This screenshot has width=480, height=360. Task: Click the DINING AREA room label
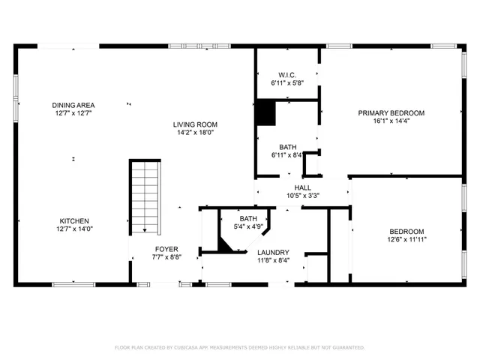coord(73,105)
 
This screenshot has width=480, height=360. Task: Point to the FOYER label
coord(166,249)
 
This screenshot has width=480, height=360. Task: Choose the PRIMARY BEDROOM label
coord(391,113)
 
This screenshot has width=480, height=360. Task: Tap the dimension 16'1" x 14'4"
coord(391,121)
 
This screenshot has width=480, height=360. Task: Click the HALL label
coord(302,187)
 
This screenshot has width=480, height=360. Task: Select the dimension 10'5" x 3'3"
coord(302,196)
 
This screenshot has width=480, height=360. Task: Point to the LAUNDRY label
coord(272,253)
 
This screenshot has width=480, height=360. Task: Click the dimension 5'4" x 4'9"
coord(247,226)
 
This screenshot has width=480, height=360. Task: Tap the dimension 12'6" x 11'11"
coord(406,240)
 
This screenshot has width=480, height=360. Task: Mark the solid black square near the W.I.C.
coord(265,112)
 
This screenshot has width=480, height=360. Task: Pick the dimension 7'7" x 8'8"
coord(166,257)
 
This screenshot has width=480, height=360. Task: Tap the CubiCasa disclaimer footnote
coord(239,347)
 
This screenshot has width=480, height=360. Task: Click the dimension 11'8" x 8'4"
coord(272,261)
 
